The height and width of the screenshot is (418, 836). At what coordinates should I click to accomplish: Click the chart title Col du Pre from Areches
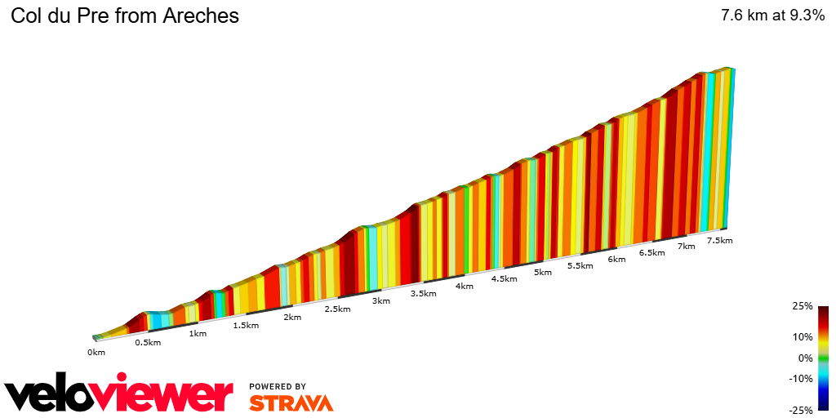(x=124, y=16)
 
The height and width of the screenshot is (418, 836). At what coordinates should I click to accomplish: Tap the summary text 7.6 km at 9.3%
(x=772, y=16)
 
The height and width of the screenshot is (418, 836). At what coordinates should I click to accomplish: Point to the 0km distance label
(x=96, y=353)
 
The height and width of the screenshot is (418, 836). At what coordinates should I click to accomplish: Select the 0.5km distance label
(x=148, y=343)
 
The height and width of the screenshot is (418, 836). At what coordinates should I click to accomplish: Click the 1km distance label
(x=197, y=334)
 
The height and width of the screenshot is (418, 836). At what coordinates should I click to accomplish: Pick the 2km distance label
(x=292, y=318)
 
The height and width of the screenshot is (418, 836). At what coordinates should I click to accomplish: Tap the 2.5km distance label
(x=337, y=309)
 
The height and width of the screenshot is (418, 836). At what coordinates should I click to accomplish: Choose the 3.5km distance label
(x=424, y=294)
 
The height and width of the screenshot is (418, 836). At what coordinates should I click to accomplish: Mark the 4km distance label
(x=465, y=287)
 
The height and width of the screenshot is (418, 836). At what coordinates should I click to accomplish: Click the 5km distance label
(x=542, y=273)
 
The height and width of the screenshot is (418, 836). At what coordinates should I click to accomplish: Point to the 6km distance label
(x=616, y=260)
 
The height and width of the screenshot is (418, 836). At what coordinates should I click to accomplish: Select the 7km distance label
(x=686, y=247)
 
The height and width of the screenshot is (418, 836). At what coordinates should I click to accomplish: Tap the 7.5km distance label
(x=719, y=241)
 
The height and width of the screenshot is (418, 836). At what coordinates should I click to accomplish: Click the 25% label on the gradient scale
(x=803, y=307)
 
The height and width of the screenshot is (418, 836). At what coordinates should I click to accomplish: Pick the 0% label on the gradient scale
(x=805, y=358)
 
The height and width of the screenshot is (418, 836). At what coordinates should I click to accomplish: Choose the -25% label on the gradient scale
(x=801, y=411)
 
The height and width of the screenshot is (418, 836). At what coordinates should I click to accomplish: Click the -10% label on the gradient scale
(x=801, y=379)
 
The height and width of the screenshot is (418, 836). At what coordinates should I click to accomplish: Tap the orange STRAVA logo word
(x=291, y=403)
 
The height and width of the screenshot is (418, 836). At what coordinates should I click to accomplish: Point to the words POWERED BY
(x=278, y=387)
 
